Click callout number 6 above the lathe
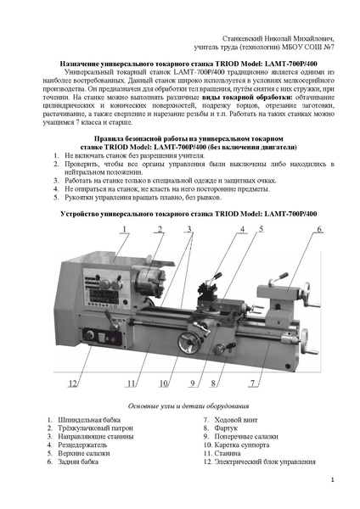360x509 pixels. (319, 229)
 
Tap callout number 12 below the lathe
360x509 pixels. (72, 383)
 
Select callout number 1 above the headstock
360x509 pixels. (124, 229)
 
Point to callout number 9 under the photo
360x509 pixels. (193, 383)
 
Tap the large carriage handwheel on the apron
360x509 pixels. (188, 343)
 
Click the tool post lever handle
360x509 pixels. (215, 278)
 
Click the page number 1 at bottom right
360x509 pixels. (332, 480)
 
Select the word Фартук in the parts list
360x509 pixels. (226, 428)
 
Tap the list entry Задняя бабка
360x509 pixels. (78, 461)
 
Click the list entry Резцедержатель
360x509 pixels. (82, 445)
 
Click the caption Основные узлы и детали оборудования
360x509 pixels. (188, 406)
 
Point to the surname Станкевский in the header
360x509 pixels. (242, 39)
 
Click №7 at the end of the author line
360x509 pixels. (329, 47)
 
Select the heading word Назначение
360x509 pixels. (79, 64)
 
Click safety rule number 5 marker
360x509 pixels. (56, 198)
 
